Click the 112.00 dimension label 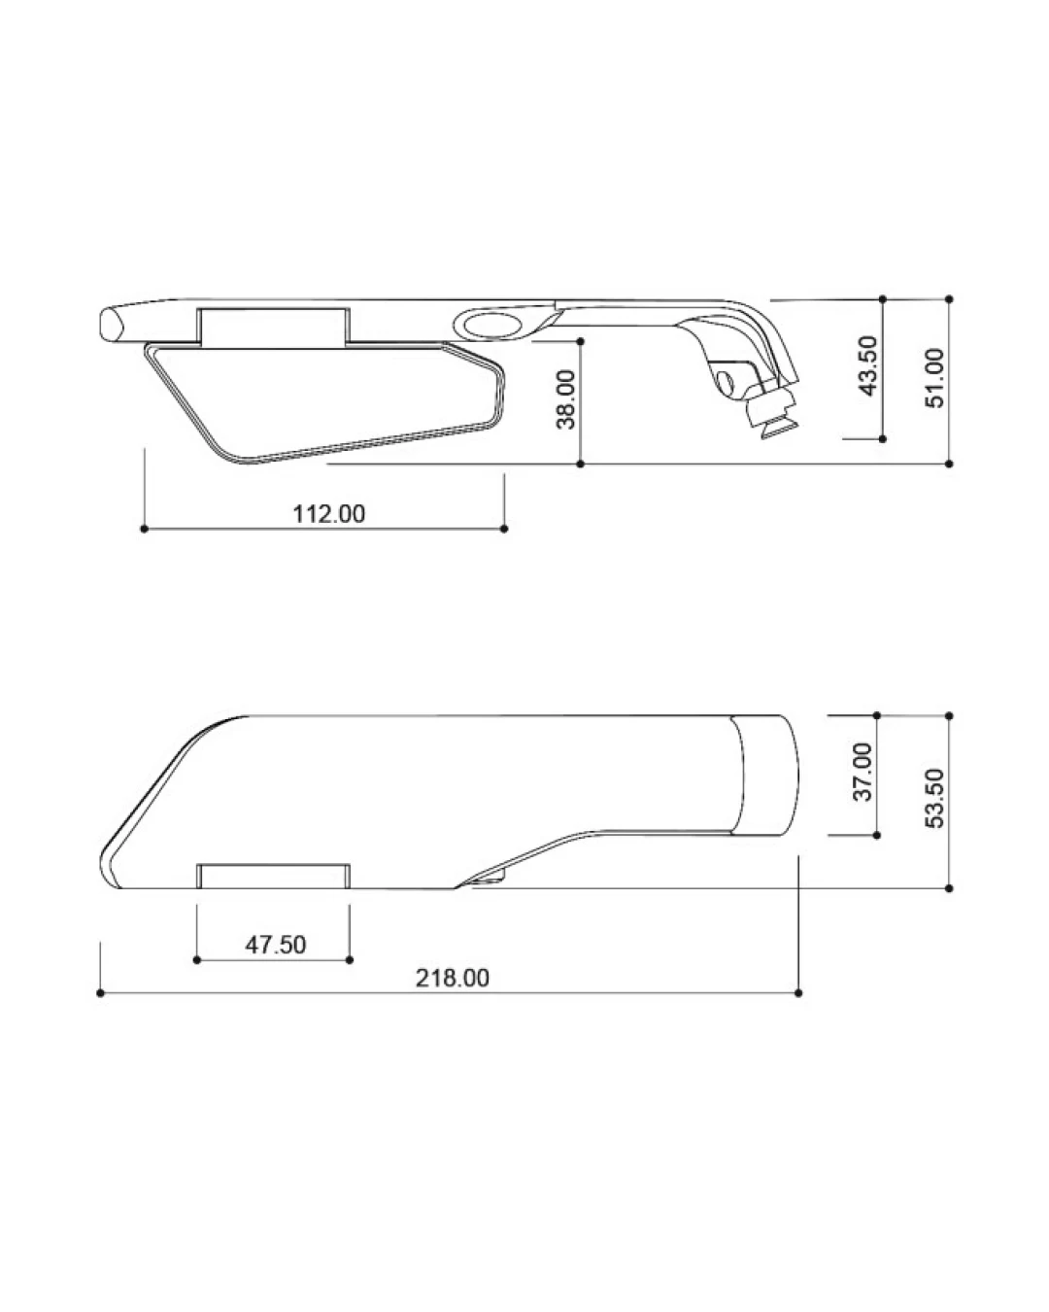click(329, 513)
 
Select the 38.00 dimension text click(566, 399)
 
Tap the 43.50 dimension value click(867, 365)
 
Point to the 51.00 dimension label click(934, 377)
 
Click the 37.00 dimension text click(863, 772)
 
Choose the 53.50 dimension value click(934, 798)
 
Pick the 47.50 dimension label click(276, 945)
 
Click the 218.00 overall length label click(453, 978)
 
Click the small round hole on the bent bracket click(726, 382)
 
